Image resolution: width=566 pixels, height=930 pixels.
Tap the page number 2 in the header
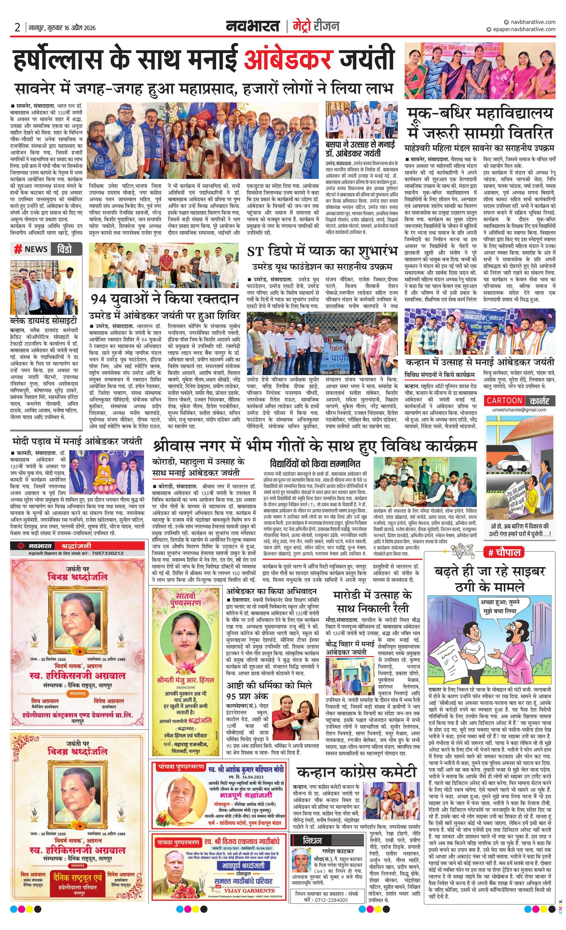(x=17, y=28)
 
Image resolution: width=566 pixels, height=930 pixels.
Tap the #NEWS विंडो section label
(x=46, y=249)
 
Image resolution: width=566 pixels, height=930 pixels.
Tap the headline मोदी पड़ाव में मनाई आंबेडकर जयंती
(x=77, y=441)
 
